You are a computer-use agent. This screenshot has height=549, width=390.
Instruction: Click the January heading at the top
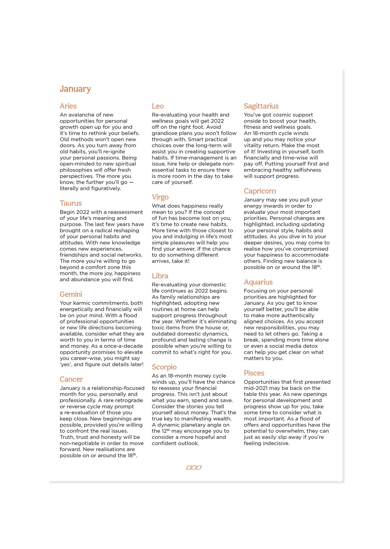tap(75, 89)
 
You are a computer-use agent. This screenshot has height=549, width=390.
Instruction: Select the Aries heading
tap(68, 106)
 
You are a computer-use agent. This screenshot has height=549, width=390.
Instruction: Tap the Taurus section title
tap(71, 203)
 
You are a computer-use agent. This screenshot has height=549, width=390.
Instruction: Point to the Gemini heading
tap(71, 294)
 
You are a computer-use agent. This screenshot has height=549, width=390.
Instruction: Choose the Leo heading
tap(158, 106)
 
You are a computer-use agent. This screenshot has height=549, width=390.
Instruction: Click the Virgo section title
tap(160, 197)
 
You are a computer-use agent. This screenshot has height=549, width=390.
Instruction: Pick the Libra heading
tap(160, 276)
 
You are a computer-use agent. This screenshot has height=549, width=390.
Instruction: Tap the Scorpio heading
tap(164, 367)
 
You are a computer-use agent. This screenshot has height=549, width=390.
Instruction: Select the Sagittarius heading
tap(261, 106)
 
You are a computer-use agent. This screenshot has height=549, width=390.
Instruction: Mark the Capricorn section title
tap(260, 191)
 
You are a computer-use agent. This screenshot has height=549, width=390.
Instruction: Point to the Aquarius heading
tap(258, 282)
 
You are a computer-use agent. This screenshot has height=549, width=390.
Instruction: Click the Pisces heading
tap(254, 373)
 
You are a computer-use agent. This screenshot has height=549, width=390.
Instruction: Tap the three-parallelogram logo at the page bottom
tap(194, 468)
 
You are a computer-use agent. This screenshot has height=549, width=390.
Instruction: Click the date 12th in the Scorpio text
tap(165, 431)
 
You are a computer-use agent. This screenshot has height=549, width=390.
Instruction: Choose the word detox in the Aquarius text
tap(310, 346)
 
